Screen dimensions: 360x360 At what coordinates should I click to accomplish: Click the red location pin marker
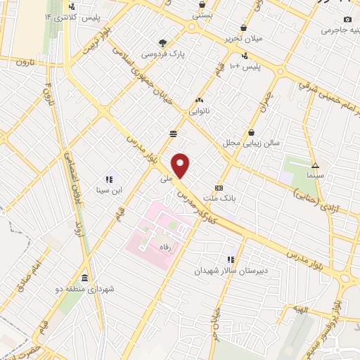[181, 165]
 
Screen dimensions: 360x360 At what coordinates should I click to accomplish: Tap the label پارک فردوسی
[159, 53]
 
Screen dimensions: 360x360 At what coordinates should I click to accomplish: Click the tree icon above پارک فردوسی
[163, 42]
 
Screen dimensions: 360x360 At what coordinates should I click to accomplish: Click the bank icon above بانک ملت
[219, 188]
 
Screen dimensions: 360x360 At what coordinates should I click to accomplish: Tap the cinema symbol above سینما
[314, 165]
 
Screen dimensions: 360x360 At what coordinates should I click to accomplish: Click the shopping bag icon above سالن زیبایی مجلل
[252, 131]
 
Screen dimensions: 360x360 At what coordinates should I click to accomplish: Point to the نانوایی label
[199, 110]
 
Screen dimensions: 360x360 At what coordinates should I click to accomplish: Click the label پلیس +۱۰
[247, 66]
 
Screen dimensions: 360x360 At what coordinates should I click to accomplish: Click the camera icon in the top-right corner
[347, 19]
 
